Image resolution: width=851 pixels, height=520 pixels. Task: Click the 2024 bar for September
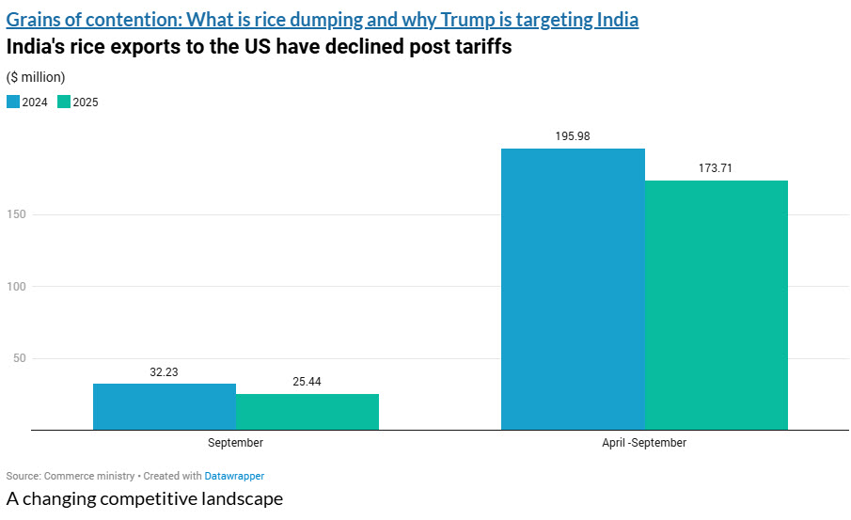(165, 406)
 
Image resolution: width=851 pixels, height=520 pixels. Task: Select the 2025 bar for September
(307, 412)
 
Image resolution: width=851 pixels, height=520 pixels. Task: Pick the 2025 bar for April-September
(716, 305)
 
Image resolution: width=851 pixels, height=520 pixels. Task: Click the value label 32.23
(164, 372)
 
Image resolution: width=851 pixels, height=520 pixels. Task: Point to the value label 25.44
(307, 382)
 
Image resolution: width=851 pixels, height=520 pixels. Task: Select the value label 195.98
(573, 136)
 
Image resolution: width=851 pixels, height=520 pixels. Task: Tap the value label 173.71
(716, 168)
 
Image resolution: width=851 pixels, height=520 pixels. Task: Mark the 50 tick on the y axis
(19, 358)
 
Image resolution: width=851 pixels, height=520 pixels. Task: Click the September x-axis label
(235, 442)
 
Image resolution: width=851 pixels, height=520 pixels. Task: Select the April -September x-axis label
(644, 442)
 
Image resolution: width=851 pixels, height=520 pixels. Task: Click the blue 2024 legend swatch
(12, 102)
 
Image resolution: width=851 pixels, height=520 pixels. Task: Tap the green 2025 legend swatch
(63, 102)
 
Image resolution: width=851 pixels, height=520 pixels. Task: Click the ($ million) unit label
(36, 77)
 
